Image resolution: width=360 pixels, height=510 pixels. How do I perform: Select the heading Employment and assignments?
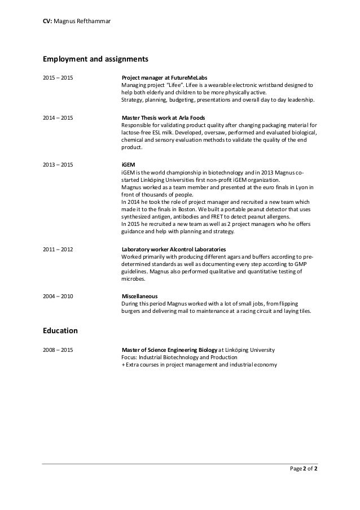(x=95, y=58)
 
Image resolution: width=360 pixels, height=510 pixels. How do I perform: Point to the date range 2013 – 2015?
(x=58, y=164)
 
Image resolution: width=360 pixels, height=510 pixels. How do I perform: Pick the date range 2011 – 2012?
(x=58, y=249)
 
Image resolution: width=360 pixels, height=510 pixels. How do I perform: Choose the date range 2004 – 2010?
(x=58, y=296)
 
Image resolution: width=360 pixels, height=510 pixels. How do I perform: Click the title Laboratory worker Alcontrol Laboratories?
(x=174, y=249)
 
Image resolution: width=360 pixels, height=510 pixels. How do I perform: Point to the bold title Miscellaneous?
(x=140, y=296)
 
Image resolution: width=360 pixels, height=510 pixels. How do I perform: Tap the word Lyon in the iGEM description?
(x=300, y=188)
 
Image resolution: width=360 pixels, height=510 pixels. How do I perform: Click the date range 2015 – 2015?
(x=58, y=77)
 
